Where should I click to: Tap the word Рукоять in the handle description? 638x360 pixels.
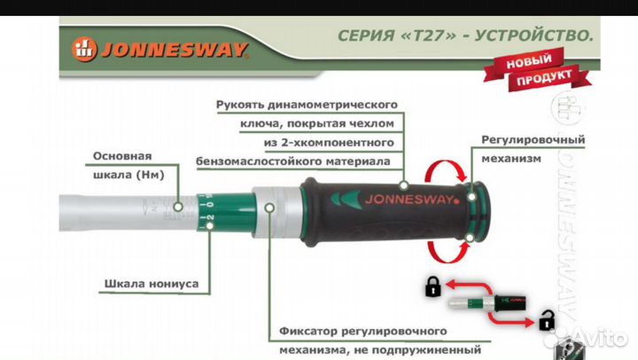245,105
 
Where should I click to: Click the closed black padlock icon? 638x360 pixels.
433,286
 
